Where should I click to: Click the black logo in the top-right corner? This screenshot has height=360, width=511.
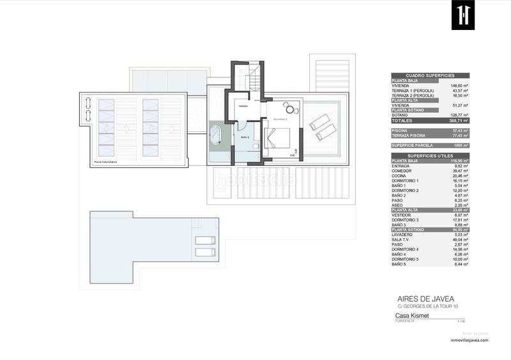click(x=461, y=15)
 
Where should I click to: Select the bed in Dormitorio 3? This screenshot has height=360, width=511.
click(x=278, y=138)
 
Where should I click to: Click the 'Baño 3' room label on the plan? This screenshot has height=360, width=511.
click(x=244, y=137)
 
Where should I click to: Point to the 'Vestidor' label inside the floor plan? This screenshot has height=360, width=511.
click(x=243, y=107)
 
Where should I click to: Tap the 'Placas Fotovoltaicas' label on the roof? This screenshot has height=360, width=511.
click(x=106, y=163)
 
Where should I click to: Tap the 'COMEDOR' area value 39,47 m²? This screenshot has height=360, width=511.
click(x=460, y=171)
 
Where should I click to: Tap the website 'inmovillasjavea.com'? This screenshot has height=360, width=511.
click(x=469, y=340)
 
